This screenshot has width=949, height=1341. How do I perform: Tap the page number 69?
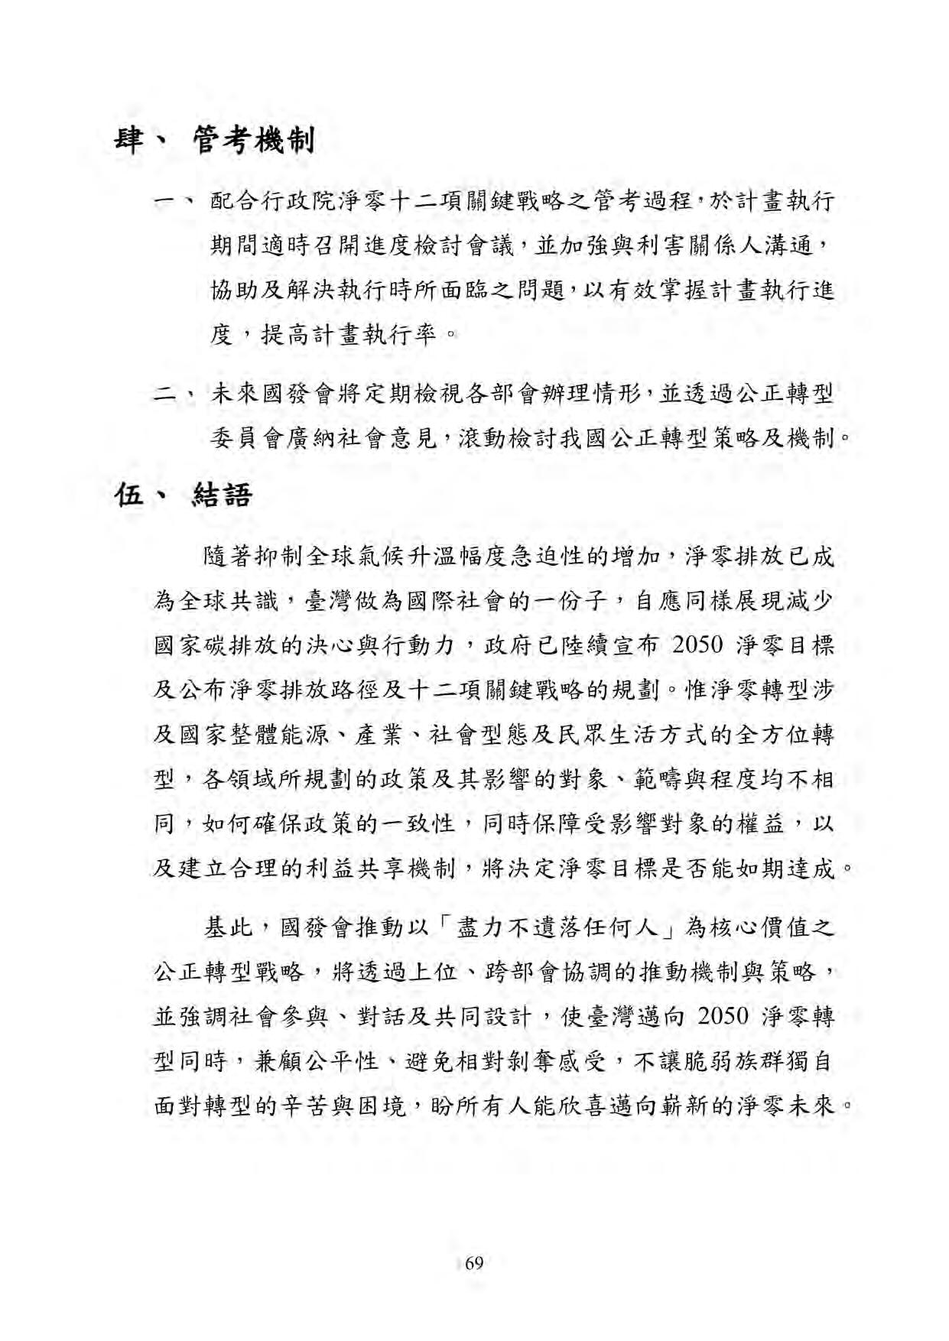(x=474, y=1262)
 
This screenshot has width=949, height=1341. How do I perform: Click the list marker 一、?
(x=176, y=203)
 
